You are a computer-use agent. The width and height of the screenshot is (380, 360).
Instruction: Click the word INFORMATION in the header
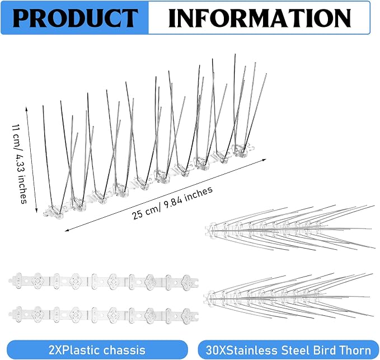click(x=260, y=17)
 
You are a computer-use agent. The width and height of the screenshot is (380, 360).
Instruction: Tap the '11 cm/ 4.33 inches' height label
click(x=20, y=163)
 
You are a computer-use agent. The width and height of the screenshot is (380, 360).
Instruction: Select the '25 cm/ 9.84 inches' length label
click(x=172, y=203)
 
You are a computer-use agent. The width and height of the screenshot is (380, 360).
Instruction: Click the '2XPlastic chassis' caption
click(x=97, y=350)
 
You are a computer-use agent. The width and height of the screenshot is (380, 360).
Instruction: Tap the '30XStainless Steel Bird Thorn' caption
click(x=288, y=350)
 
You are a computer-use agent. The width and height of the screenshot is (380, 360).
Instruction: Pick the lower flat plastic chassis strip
click(x=104, y=315)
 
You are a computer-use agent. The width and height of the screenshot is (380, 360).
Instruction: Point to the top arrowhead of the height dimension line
click(x=26, y=108)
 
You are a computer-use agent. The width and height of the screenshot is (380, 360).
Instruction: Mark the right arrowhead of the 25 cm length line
click(x=264, y=160)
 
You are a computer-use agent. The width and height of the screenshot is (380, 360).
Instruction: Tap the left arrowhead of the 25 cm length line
click(x=67, y=230)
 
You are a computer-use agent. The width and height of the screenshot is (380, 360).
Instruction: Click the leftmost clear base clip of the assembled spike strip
click(x=54, y=212)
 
